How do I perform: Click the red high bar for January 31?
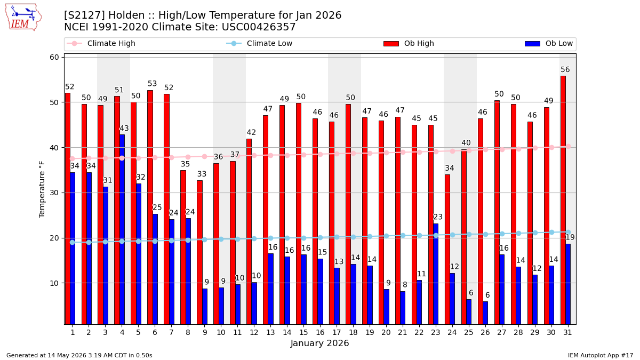[563, 200]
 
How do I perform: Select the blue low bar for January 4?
[122, 229]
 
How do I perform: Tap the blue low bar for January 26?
[485, 313]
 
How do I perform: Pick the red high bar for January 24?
[447, 250]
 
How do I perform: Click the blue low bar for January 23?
[436, 274]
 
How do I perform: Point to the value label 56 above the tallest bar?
[565, 70]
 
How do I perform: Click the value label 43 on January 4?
[124, 129]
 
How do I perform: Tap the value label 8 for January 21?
[405, 285]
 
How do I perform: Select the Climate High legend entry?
[101, 43]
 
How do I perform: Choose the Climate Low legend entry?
[259, 43]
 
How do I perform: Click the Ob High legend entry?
[409, 43]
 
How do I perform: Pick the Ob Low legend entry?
[549, 43]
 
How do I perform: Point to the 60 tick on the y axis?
[54, 58]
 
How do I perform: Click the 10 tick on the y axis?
[54, 283]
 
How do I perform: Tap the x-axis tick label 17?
[337, 332]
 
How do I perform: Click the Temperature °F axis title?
[42, 189]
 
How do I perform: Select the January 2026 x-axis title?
[319, 343]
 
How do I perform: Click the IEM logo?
[23, 18]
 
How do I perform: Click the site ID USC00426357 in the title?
[259, 27]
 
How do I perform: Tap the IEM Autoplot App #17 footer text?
[601, 355]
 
